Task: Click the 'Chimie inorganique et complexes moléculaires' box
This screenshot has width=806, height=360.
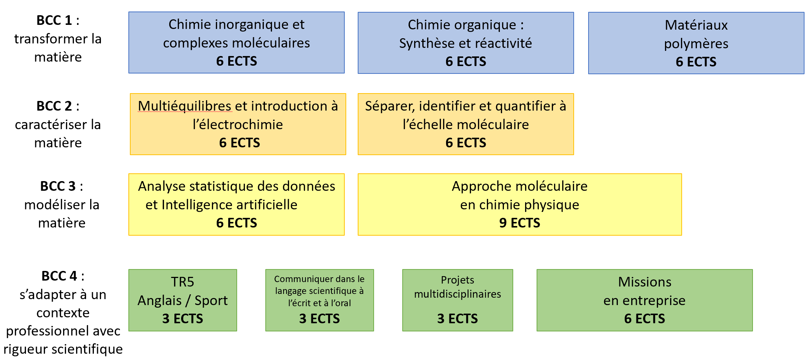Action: [x=236, y=43]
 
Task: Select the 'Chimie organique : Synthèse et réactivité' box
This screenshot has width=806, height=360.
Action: [x=466, y=43]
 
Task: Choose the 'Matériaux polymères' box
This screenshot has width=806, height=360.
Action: [x=696, y=43]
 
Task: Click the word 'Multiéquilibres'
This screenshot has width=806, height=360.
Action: [x=184, y=106]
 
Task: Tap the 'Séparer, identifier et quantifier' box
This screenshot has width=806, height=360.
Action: [x=466, y=124]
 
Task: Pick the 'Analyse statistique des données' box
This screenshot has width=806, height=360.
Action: [x=236, y=204]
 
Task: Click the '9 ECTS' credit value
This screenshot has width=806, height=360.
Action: [x=520, y=223]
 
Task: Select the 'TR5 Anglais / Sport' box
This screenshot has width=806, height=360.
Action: [x=183, y=300]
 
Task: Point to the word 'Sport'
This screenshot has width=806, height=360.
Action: [x=211, y=301]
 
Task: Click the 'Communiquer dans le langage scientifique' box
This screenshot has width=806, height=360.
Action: [x=320, y=300]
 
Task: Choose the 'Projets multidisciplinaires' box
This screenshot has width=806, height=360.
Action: [x=458, y=300]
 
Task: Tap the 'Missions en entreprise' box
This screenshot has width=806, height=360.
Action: [x=645, y=300]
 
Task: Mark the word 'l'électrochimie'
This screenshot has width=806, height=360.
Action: [x=238, y=125]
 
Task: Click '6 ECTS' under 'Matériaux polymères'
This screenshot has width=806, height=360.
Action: [x=696, y=62]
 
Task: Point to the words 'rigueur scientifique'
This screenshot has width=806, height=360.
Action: [x=63, y=349]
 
